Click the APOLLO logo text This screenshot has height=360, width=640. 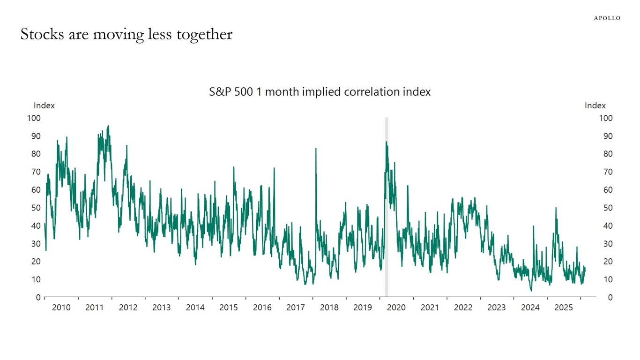(607, 18)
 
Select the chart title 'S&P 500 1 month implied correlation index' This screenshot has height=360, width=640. (320, 92)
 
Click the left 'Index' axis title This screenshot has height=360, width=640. (44, 105)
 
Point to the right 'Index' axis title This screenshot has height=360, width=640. (595, 105)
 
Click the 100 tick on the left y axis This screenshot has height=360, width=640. (34, 118)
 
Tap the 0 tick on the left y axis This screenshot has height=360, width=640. (38, 297)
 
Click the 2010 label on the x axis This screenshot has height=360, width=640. (61, 308)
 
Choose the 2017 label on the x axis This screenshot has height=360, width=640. (296, 308)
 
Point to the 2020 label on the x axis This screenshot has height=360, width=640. (396, 308)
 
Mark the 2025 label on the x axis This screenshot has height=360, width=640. (564, 308)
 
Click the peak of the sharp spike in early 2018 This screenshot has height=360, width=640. (316, 149)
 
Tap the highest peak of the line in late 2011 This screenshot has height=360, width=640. (108, 126)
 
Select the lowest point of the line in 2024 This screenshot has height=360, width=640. (531, 291)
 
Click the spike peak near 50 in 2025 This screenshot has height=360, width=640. (556, 208)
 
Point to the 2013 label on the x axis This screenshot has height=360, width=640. (162, 308)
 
